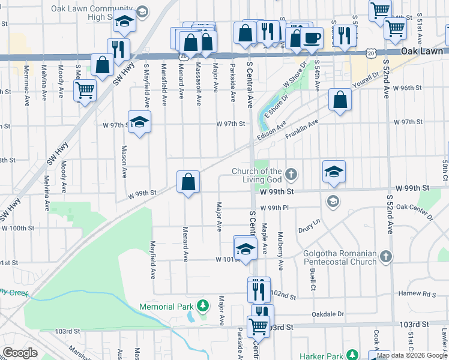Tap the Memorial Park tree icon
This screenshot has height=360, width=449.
(203, 306)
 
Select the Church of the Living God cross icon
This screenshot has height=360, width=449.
(291, 175)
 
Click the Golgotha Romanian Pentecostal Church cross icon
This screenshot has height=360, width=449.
(386, 257)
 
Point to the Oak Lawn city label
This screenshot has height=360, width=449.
(424, 52)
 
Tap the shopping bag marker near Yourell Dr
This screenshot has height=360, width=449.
(340, 101)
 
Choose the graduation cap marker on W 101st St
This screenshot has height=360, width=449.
(245, 248)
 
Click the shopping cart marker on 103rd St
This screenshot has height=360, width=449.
(259, 327)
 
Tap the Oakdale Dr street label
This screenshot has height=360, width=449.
(328, 314)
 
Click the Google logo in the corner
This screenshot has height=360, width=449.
(20, 353)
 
